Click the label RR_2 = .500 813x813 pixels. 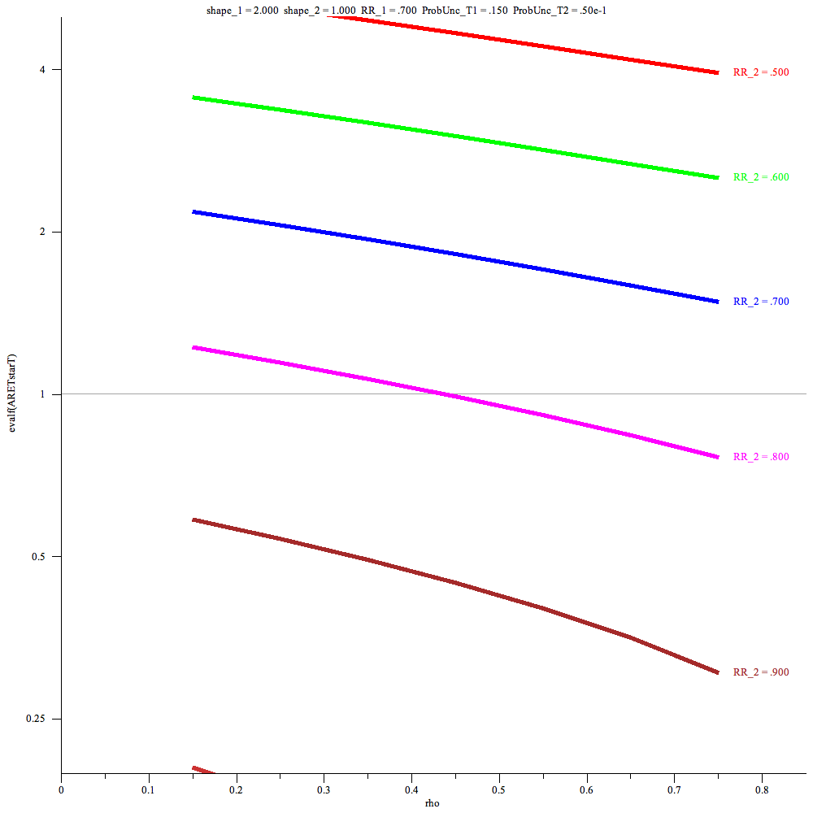[760, 72]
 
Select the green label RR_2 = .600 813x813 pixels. [760, 177]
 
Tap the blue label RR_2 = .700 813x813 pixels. [760, 302]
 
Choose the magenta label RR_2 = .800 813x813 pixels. [760, 457]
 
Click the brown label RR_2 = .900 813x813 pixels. [760, 672]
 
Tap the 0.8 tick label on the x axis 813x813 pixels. [762, 789]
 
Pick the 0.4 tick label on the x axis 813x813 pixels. [411, 789]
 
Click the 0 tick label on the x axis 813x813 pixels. [61, 789]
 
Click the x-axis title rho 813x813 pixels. [433, 803]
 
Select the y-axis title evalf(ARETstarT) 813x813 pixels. [11, 394]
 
